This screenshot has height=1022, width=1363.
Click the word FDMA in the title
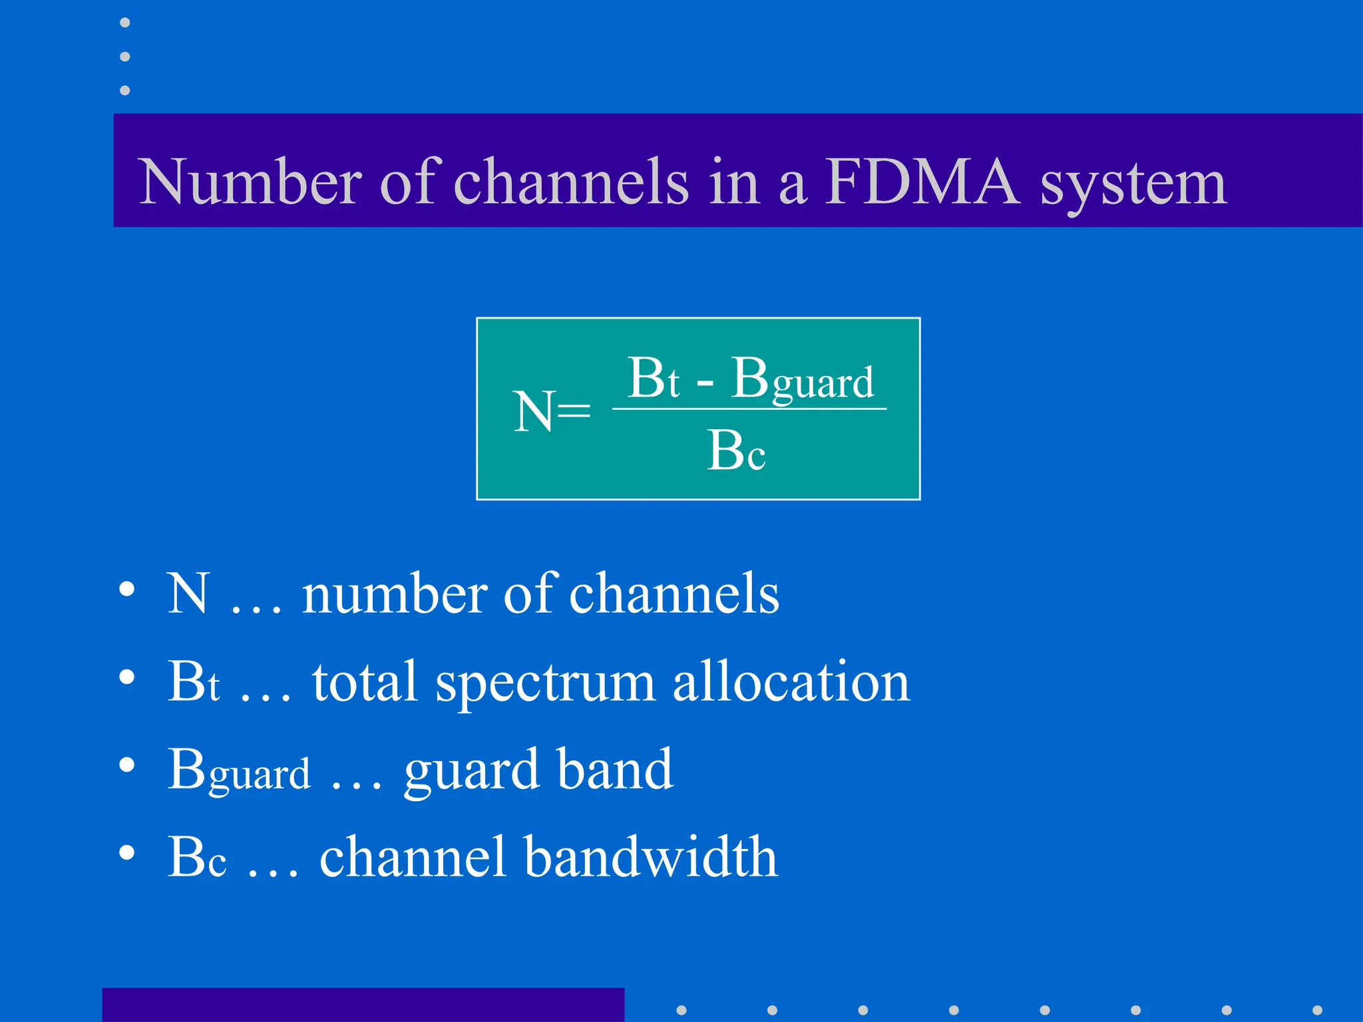[922, 181]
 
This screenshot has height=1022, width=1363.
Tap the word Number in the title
[251, 181]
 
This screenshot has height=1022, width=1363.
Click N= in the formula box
[552, 412]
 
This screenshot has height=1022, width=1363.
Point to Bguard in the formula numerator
[803, 379]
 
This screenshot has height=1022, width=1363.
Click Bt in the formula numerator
[654, 378]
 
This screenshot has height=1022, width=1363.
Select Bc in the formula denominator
[736, 451]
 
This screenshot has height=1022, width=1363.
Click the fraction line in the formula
[749, 409]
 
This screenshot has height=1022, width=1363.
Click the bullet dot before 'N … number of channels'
[127, 590]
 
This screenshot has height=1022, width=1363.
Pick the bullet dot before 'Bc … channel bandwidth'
[127, 852]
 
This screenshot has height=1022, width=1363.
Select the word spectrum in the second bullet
[545, 684]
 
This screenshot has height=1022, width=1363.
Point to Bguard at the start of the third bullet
[239, 770]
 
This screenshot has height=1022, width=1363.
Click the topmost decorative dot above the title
[124, 23]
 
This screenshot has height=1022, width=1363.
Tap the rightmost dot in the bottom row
[1317, 1010]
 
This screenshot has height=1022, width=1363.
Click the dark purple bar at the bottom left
[363, 1005]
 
